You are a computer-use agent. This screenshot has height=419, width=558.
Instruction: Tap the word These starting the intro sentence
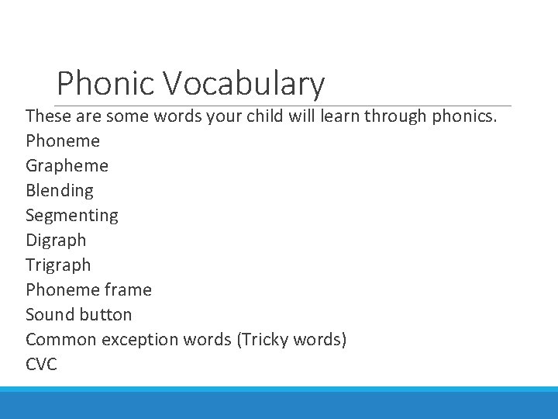[x=50, y=116]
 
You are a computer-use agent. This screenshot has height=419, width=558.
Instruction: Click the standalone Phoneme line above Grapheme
[x=63, y=141]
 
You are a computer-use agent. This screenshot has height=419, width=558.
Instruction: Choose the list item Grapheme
[x=67, y=166]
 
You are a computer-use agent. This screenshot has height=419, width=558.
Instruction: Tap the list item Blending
[x=59, y=191]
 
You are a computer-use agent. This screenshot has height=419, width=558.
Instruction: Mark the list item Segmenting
[x=71, y=216]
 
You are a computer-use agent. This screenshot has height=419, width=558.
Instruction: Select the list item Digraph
[x=56, y=241]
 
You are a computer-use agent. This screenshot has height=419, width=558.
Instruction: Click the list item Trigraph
[x=58, y=265]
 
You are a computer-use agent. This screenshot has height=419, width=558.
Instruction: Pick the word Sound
[x=49, y=315]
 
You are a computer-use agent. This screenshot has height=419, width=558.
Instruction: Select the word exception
[x=143, y=340]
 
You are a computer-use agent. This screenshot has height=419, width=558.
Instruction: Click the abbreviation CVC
[x=41, y=365]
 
